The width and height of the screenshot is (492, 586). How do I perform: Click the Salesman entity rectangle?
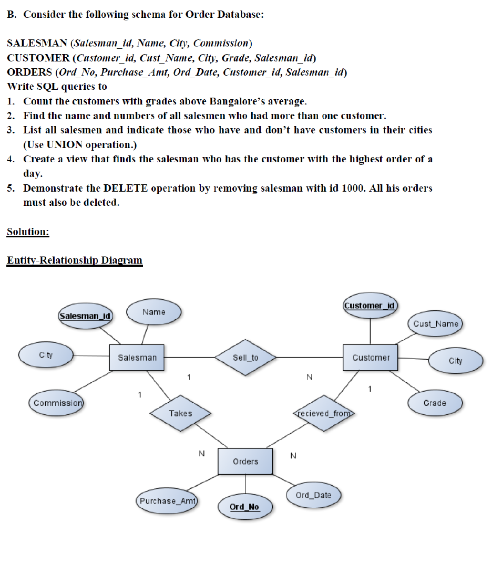(137, 358)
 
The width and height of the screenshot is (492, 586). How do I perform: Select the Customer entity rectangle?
(371, 358)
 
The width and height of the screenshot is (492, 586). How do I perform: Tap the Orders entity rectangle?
(245, 462)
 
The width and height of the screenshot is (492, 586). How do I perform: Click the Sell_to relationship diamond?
(245, 358)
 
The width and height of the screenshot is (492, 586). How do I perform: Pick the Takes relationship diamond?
(180, 414)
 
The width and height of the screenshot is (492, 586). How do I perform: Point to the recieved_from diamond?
(324, 414)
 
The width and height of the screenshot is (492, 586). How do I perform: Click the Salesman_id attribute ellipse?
(85, 316)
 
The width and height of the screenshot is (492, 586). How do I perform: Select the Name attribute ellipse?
(153, 312)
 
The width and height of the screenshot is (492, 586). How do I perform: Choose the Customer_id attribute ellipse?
(370, 306)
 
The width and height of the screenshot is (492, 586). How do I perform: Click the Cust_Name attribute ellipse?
(436, 323)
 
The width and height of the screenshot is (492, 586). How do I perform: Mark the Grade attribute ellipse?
(435, 403)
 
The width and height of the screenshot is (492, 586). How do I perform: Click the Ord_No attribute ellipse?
(244, 507)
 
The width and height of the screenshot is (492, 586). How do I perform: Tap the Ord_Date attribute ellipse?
(314, 495)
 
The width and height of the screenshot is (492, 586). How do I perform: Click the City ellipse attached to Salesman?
(46, 355)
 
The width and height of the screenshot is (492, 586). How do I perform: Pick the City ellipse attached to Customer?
(455, 361)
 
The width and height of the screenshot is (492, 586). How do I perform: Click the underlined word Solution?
(28, 232)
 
